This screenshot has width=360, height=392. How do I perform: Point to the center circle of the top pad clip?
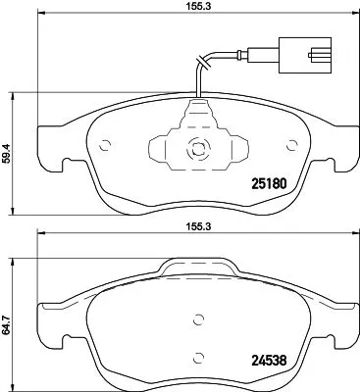(195, 152)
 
